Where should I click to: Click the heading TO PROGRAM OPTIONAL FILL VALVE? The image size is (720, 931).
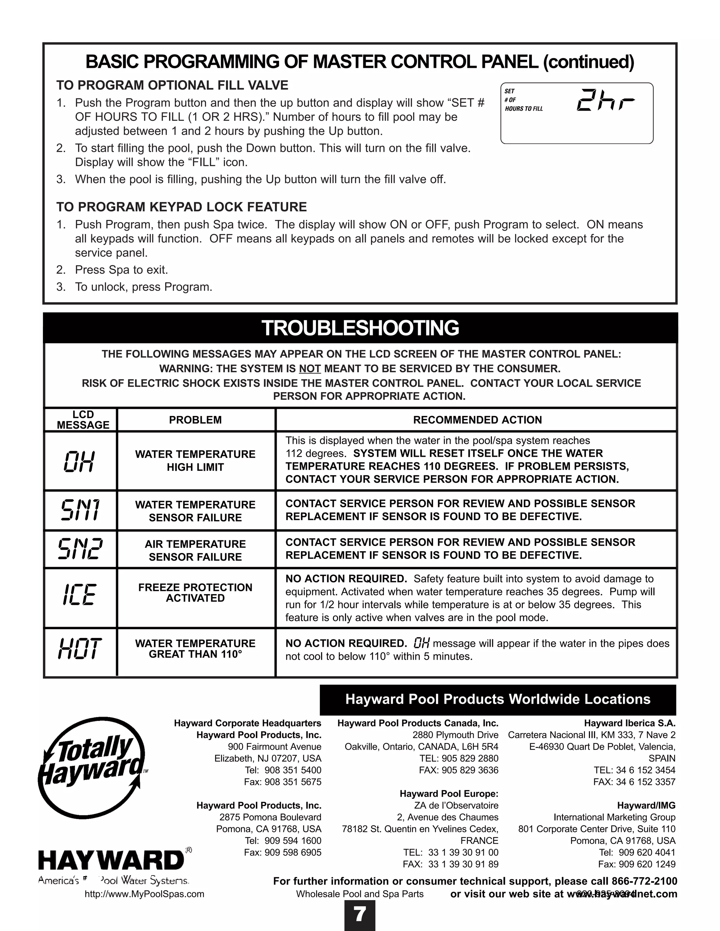(172, 85)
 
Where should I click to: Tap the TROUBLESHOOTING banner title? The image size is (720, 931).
(360, 328)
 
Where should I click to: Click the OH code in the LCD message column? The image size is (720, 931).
(79, 462)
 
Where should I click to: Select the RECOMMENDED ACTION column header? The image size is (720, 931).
(477, 420)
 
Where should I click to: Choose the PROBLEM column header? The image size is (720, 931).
(195, 420)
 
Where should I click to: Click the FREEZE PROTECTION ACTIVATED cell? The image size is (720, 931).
(195, 593)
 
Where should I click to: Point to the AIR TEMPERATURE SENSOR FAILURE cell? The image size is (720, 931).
(195, 550)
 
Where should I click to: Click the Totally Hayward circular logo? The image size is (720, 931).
(92, 767)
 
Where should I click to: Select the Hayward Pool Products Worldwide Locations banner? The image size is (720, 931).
(498, 699)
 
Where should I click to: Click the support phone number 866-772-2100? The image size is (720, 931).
(644, 881)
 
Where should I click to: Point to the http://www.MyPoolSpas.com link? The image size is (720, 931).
(144, 894)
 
